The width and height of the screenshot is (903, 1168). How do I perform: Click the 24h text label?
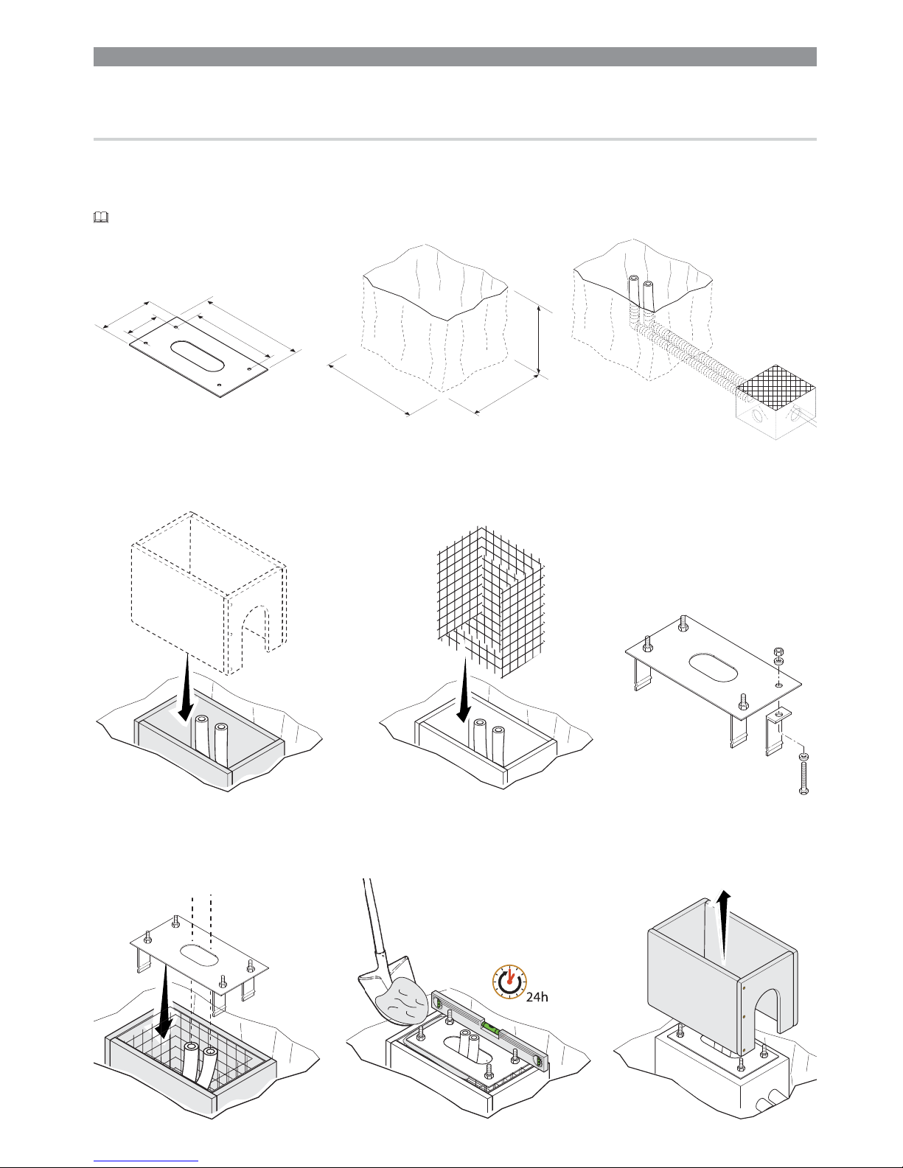537,997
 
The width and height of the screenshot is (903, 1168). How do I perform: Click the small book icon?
101,217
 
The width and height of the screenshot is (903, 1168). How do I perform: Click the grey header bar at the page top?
455,57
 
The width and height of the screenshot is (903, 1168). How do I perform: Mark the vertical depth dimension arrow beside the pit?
540,341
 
